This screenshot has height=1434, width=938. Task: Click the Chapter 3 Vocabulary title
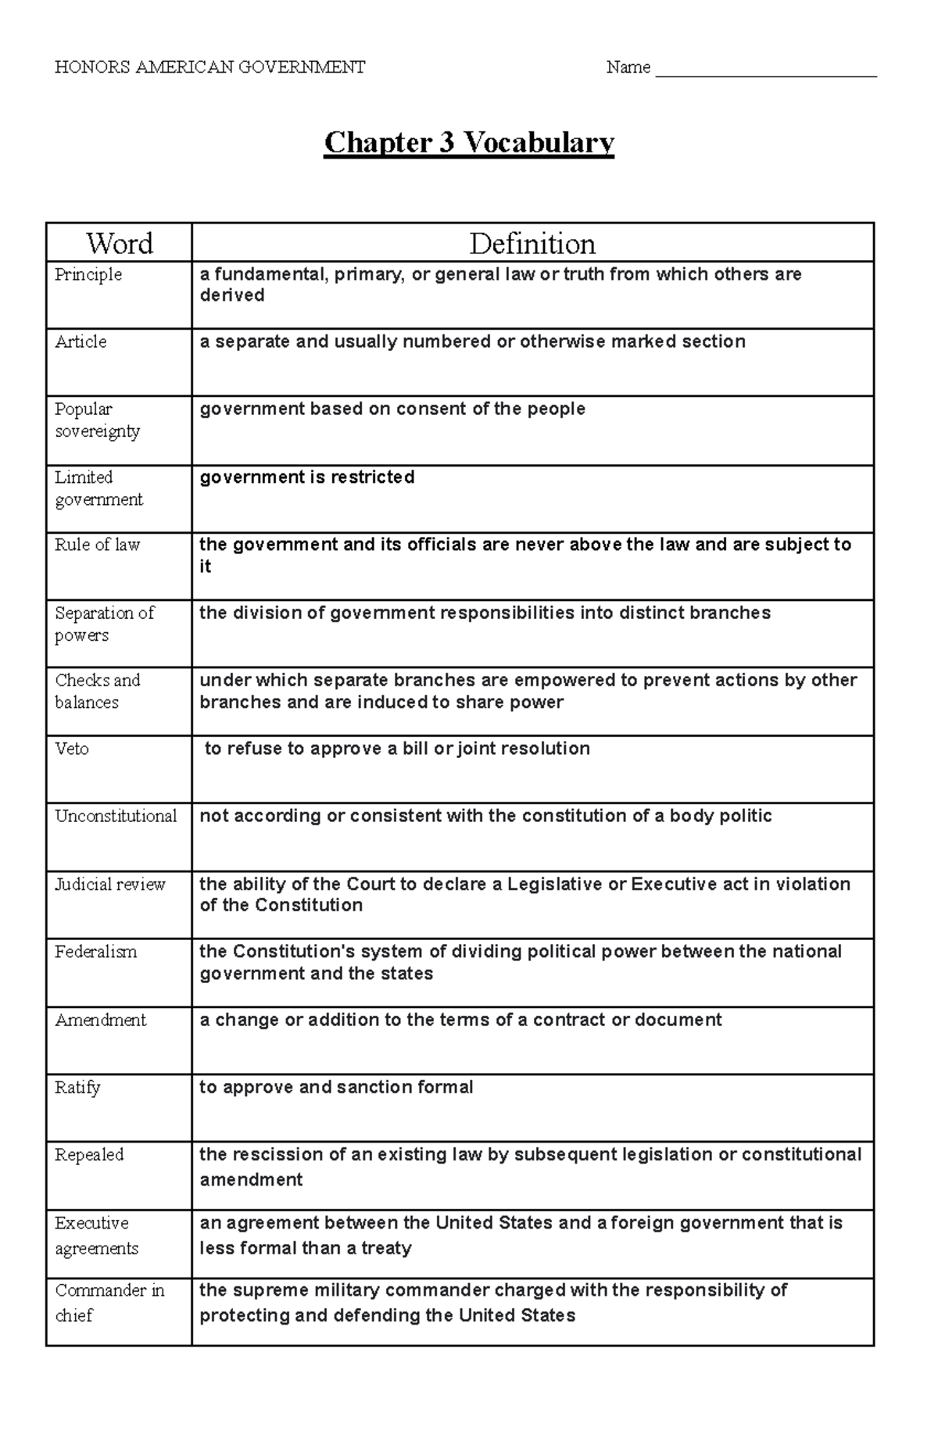click(469, 143)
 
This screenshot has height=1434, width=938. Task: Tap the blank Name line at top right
click(765, 70)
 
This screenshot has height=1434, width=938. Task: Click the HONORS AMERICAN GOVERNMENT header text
click(209, 67)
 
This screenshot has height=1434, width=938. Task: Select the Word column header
click(119, 244)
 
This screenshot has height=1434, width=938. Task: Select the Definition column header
click(532, 244)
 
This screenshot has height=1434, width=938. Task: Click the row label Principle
click(88, 274)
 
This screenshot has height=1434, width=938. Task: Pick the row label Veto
click(72, 749)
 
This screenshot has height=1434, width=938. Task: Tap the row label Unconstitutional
click(116, 816)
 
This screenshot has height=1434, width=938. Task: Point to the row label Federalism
click(95, 952)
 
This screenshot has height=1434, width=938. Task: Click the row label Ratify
click(77, 1087)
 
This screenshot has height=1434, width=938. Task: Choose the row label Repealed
click(89, 1155)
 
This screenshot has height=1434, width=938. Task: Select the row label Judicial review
click(109, 884)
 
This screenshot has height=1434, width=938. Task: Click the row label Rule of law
click(97, 545)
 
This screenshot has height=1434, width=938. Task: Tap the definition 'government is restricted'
click(306, 477)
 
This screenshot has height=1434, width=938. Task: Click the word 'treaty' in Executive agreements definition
click(385, 1248)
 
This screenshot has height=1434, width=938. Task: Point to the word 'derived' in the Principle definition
click(232, 295)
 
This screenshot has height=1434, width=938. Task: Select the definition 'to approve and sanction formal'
click(336, 1087)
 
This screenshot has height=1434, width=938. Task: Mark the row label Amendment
click(100, 1020)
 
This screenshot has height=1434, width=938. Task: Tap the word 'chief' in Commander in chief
click(73, 1315)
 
